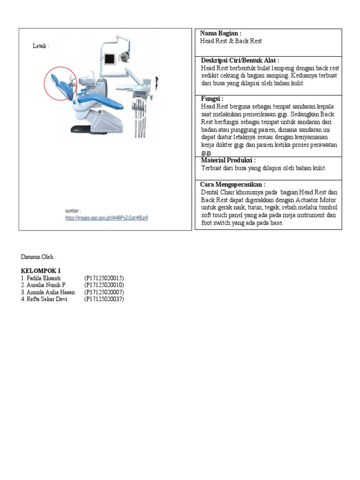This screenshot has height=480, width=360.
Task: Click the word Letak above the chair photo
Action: (x=40, y=46)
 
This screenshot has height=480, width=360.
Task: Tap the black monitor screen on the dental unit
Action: (x=111, y=60)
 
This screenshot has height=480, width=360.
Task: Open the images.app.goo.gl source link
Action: (x=106, y=218)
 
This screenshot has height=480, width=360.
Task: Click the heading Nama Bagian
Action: (x=220, y=33)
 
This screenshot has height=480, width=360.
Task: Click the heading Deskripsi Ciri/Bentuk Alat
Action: (x=240, y=60)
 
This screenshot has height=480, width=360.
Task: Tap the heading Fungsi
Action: (x=212, y=99)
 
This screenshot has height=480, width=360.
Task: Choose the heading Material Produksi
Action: (x=228, y=160)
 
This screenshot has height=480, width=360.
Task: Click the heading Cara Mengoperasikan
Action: (x=232, y=185)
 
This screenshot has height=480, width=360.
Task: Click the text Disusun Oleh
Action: (x=38, y=257)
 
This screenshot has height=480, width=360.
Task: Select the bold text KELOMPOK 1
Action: (x=41, y=271)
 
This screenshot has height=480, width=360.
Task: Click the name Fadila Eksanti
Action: (x=44, y=278)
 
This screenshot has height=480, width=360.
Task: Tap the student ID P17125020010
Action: (x=104, y=285)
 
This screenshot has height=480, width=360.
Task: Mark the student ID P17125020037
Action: (x=104, y=299)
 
